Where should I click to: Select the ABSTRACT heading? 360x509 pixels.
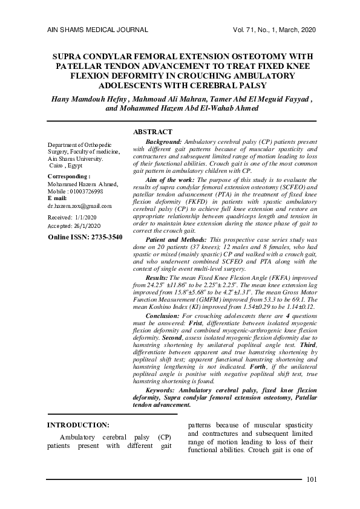152,132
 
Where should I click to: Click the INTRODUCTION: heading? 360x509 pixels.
78,425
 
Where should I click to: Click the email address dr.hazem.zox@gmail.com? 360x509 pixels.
79,206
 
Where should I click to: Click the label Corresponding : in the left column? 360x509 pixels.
69,176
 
